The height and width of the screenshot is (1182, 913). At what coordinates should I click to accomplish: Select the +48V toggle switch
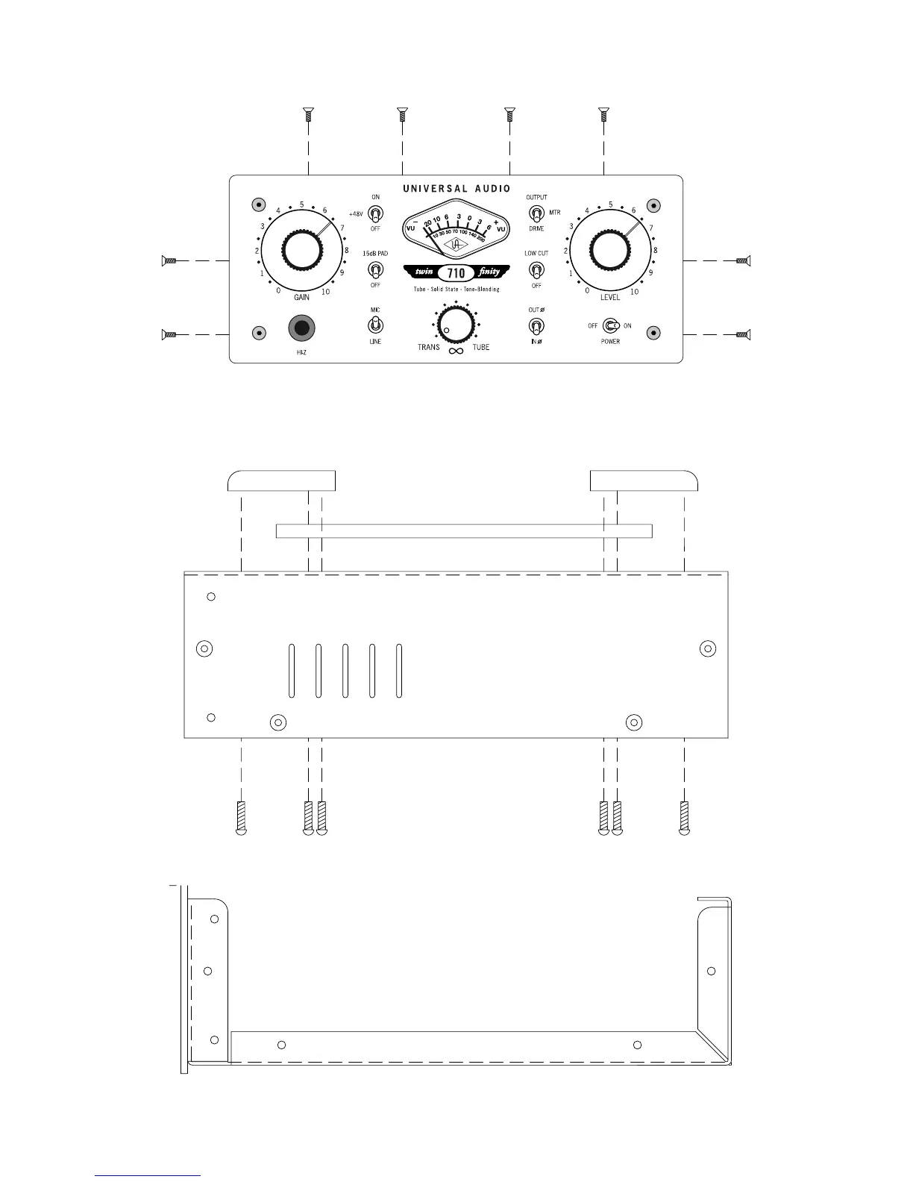pyautogui.click(x=375, y=213)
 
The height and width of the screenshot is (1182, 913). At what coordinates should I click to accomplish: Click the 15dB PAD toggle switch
pyautogui.click(x=375, y=269)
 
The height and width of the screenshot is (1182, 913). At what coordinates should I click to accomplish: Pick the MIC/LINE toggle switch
pyautogui.click(x=375, y=325)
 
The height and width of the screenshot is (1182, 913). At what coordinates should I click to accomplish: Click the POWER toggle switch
pyautogui.click(x=611, y=326)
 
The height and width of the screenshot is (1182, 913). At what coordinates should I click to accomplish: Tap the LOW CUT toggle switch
pyautogui.click(x=536, y=270)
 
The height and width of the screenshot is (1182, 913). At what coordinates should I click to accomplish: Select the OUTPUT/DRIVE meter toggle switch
pyautogui.click(x=536, y=213)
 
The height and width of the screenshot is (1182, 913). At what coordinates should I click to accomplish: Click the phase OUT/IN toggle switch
pyautogui.click(x=536, y=326)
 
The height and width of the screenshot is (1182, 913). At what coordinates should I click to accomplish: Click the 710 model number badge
pyautogui.click(x=456, y=273)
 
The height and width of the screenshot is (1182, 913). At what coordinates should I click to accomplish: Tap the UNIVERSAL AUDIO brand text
pyautogui.click(x=456, y=189)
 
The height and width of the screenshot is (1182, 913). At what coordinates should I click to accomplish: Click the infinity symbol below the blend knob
pyautogui.click(x=456, y=351)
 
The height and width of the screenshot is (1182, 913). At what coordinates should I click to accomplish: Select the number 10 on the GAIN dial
pyautogui.click(x=325, y=292)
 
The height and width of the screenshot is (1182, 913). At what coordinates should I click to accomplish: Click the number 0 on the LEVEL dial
pyautogui.click(x=587, y=291)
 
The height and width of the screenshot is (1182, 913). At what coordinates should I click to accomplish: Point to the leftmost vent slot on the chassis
pyautogui.click(x=291, y=670)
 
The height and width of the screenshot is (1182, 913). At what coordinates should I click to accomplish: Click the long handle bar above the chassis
pyautogui.click(x=464, y=531)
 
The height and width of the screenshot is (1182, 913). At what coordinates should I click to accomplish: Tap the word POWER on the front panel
pyautogui.click(x=610, y=342)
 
